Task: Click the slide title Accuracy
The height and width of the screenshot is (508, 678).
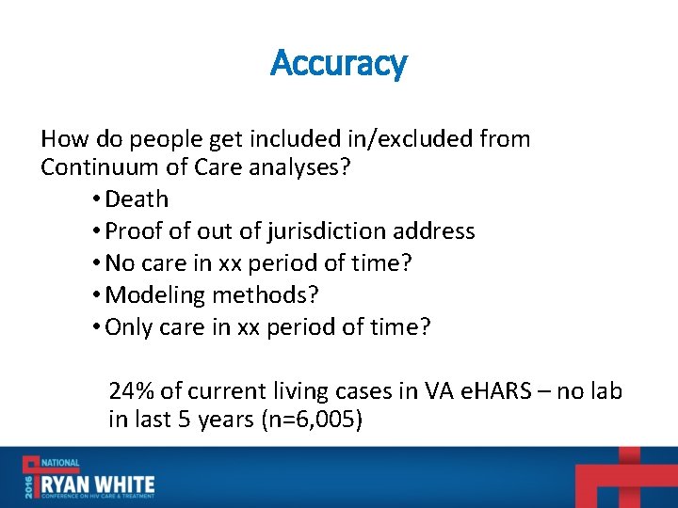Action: (x=339, y=64)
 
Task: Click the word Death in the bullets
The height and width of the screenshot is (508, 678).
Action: (x=137, y=199)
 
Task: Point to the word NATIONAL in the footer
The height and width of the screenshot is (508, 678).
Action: (x=59, y=463)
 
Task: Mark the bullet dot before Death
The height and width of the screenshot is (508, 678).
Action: (x=98, y=199)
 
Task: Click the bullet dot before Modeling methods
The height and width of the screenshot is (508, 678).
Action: (x=98, y=295)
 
